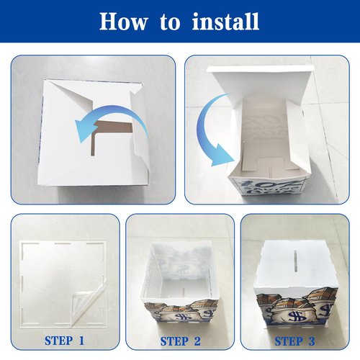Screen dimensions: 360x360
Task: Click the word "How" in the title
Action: coord(123,22)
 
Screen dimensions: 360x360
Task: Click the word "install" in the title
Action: coord(225,21)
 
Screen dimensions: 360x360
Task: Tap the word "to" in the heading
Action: coord(170,22)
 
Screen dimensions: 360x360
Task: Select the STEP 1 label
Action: coord(64,341)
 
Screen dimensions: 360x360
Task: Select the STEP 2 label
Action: coord(180,341)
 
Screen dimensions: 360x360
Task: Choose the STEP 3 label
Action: coord(294,341)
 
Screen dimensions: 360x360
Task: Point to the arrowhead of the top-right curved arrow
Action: coord(222,156)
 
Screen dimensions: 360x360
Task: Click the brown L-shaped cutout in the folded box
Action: coord(106,131)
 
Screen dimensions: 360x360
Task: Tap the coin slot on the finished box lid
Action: coord(297,261)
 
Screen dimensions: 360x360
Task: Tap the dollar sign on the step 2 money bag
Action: coord(180,317)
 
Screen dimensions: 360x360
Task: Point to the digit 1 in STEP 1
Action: coord(81,341)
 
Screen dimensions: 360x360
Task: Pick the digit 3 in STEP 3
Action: coord(311,341)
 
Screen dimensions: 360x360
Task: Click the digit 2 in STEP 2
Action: coord(197,341)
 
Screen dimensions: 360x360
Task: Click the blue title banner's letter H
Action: coord(108,22)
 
